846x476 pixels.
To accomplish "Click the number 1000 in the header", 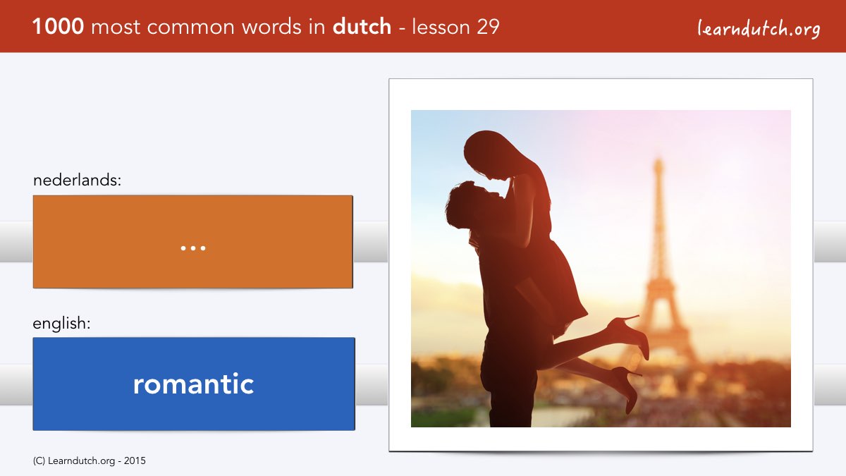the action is [58, 27].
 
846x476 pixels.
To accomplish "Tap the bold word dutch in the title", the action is [362, 26].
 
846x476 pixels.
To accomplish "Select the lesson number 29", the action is [488, 27].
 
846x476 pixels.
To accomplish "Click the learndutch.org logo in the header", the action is [759, 29].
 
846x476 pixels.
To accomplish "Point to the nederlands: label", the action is [77, 180].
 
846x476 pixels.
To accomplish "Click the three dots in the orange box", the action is [193, 248].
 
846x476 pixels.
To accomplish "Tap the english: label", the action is [61, 324].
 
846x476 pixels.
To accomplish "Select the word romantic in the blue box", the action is [193, 384].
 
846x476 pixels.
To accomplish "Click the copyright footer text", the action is [89, 461].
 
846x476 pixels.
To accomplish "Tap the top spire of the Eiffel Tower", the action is [658, 165].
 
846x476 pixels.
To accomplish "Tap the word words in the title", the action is [272, 27].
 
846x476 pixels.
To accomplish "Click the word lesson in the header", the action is [441, 27].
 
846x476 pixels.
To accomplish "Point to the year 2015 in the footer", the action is [135, 461].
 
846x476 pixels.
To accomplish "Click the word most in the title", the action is [116, 28].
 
